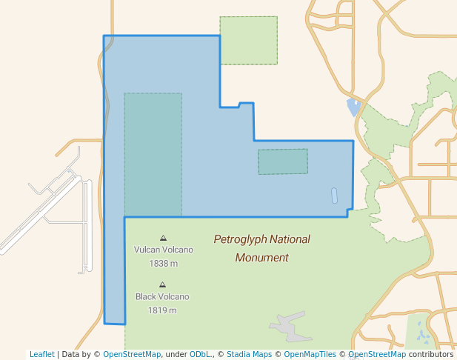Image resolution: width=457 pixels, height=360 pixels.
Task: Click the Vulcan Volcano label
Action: point(163,250)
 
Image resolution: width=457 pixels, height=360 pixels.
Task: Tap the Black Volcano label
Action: point(162,297)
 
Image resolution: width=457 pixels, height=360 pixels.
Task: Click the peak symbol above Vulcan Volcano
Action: point(163,238)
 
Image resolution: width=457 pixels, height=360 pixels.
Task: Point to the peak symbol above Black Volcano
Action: point(162,284)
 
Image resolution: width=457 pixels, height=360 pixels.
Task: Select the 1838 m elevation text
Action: point(163,263)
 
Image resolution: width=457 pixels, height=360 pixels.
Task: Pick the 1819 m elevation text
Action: point(162,310)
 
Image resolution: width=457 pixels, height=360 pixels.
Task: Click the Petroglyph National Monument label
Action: point(261,248)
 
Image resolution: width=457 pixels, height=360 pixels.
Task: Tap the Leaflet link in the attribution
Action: point(41,354)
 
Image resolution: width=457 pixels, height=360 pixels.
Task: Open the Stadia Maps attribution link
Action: point(249,354)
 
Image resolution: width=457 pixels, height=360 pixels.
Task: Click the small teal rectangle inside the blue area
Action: point(283,161)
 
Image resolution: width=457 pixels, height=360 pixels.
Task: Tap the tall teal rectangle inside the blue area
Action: point(153,155)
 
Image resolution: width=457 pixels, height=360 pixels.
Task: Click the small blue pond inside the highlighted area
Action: point(334,196)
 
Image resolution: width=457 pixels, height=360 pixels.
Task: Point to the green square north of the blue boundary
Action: point(249,41)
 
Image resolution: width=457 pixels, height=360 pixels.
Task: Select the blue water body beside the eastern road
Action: point(353,108)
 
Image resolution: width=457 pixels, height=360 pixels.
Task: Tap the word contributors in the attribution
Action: point(431,354)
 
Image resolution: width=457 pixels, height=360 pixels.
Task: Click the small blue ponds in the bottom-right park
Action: point(423,334)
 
